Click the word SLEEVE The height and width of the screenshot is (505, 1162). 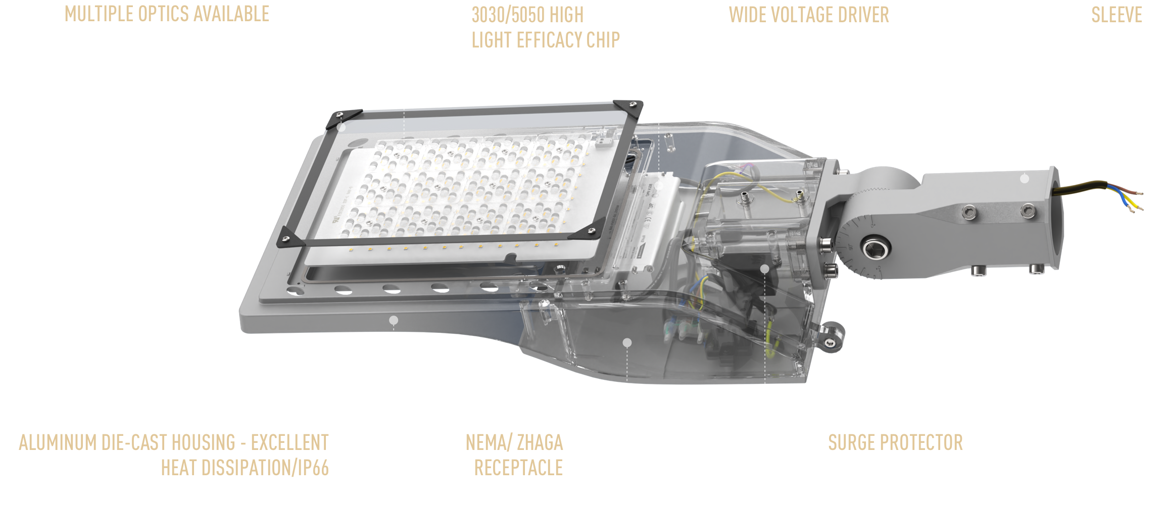(1117, 15)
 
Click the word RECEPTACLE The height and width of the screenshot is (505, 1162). (518, 468)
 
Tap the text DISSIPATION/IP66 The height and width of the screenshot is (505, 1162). (265, 468)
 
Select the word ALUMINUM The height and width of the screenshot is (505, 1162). (58, 442)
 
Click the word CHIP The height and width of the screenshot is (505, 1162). (603, 40)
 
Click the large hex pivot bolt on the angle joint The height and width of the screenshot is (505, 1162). (873, 248)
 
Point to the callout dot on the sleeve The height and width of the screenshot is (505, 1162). (1025, 178)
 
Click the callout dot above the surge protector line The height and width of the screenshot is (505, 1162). (765, 269)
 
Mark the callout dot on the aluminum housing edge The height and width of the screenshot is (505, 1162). (394, 320)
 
